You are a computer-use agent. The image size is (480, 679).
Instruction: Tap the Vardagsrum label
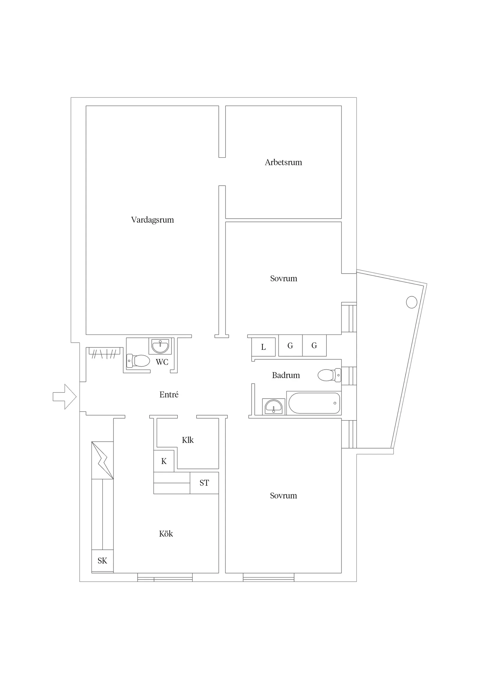point(152,220)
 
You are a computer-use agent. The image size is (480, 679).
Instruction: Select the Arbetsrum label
point(283,162)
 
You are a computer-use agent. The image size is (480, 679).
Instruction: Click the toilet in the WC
point(138,361)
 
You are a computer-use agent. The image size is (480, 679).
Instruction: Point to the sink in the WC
point(160,346)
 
